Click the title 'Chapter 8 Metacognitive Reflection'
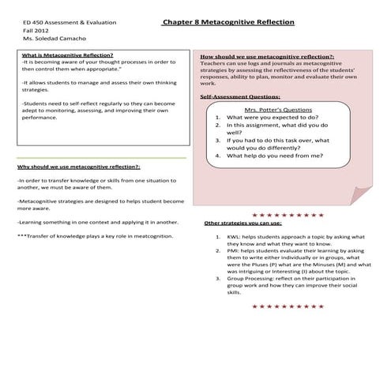click(227, 23)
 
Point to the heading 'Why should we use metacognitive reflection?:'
click(78, 168)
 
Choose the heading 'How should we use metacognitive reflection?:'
click(267, 58)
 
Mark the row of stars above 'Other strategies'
click(282, 214)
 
